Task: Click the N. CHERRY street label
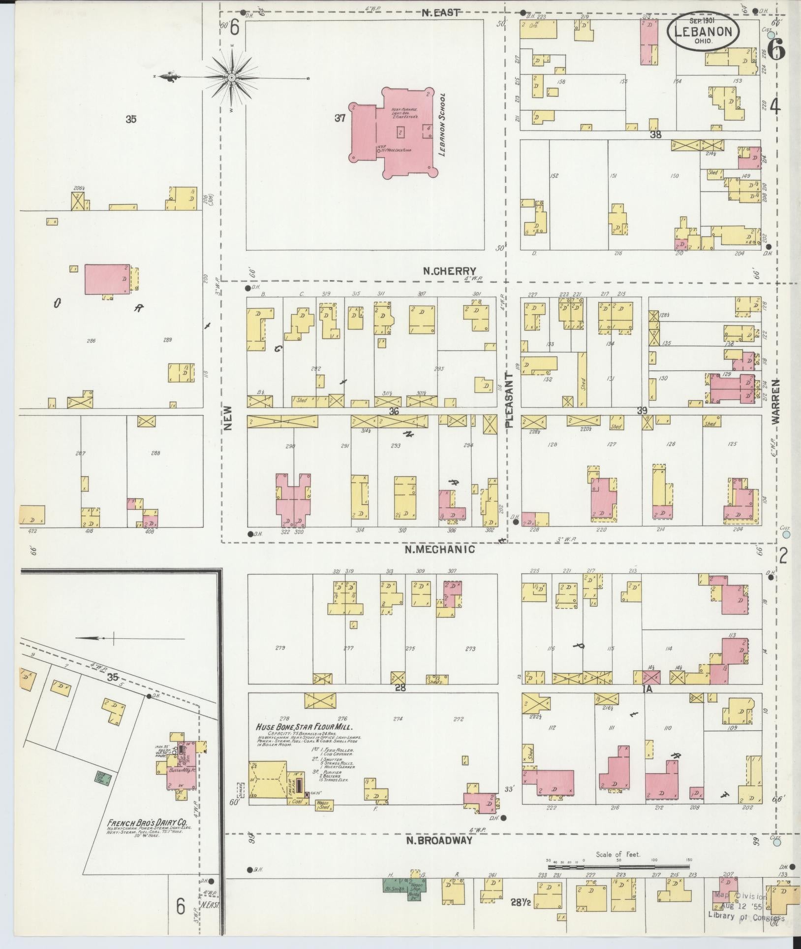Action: [x=450, y=271]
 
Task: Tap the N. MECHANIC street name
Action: [x=440, y=549]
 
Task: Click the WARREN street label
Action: [x=776, y=401]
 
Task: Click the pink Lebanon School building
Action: [x=394, y=134]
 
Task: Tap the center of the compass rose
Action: [x=231, y=77]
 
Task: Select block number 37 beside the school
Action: [x=340, y=118]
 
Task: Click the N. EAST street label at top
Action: [x=441, y=12]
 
